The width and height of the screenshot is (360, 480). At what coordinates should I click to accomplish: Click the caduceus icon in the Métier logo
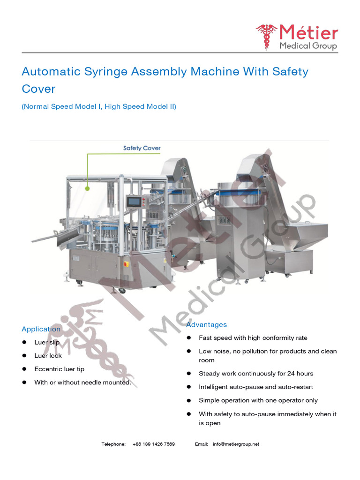[x=266, y=37]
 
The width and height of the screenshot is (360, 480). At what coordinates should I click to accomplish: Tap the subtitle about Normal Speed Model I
[x=99, y=106]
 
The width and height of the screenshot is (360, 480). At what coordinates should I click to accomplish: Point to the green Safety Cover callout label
[x=142, y=148]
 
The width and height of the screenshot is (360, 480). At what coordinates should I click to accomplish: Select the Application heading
[x=41, y=329]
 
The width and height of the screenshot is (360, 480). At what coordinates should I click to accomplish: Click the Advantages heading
[x=206, y=324]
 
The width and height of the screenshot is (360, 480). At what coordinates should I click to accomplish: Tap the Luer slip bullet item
[x=47, y=342]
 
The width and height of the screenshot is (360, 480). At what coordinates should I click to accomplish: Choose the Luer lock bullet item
[x=48, y=356]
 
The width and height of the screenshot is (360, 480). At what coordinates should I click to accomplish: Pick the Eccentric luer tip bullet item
[x=59, y=369]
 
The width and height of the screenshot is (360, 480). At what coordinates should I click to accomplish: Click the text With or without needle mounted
[x=82, y=382]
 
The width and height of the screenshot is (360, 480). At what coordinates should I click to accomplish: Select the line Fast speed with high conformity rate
[x=253, y=338]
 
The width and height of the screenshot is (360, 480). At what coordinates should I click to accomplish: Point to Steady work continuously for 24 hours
[x=256, y=374]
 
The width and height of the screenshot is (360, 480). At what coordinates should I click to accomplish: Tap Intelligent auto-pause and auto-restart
[x=255, y=387]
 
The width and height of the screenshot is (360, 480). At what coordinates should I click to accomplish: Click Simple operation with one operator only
[x=258, y=400]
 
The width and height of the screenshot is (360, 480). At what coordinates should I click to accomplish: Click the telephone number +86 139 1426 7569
[x=154, y=444]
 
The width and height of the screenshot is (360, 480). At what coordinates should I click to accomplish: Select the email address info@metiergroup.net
[x=236, y=444]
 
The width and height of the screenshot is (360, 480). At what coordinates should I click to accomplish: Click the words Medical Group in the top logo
[x=308, y=46]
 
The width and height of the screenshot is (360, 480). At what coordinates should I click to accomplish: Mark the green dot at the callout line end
[x=87, y=188]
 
